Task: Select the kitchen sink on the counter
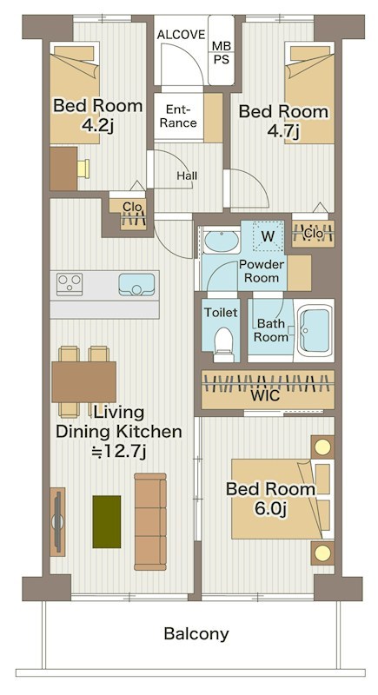coord(136,285)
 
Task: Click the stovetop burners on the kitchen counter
coord(70,285)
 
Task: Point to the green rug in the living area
coord(106,522)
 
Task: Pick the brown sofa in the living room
coord(150,522)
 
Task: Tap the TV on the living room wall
coord(57,522)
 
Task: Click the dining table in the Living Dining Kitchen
coord(83,382)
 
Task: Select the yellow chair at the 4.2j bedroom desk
coord(83,169)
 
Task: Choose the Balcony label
coord(196,634)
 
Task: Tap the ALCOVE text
coord(181,35)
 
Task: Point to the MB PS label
coord(221,52)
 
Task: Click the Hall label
coord(187,176)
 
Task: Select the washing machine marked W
coord(268,236)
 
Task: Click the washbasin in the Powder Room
coord(221,242)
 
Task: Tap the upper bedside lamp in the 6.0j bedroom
coord(322,447)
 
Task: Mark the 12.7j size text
coord(118,452)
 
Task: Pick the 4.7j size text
coord(283,131)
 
